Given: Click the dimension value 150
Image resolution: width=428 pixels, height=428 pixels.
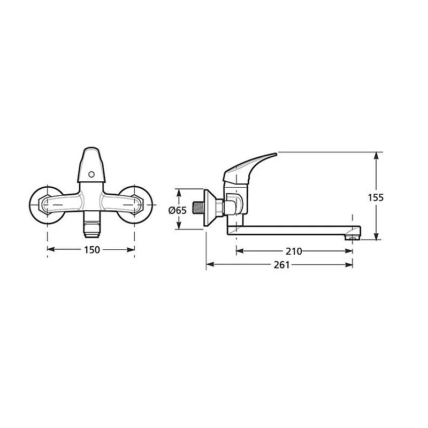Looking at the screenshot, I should tap(92, 249).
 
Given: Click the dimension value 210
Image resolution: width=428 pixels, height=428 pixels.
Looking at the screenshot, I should tap(294, 251).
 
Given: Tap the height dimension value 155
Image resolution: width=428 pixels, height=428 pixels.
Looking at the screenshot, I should tap(376, 197).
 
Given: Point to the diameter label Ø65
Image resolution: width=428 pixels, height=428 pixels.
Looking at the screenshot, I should tap(177, 210).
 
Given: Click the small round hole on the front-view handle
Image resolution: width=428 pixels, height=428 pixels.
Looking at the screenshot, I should tap(90, 174).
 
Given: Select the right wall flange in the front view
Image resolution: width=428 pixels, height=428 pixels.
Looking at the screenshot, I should tap(139, 203).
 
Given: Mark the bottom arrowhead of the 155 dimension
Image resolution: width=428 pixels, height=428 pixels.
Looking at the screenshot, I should tap(377, 238).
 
